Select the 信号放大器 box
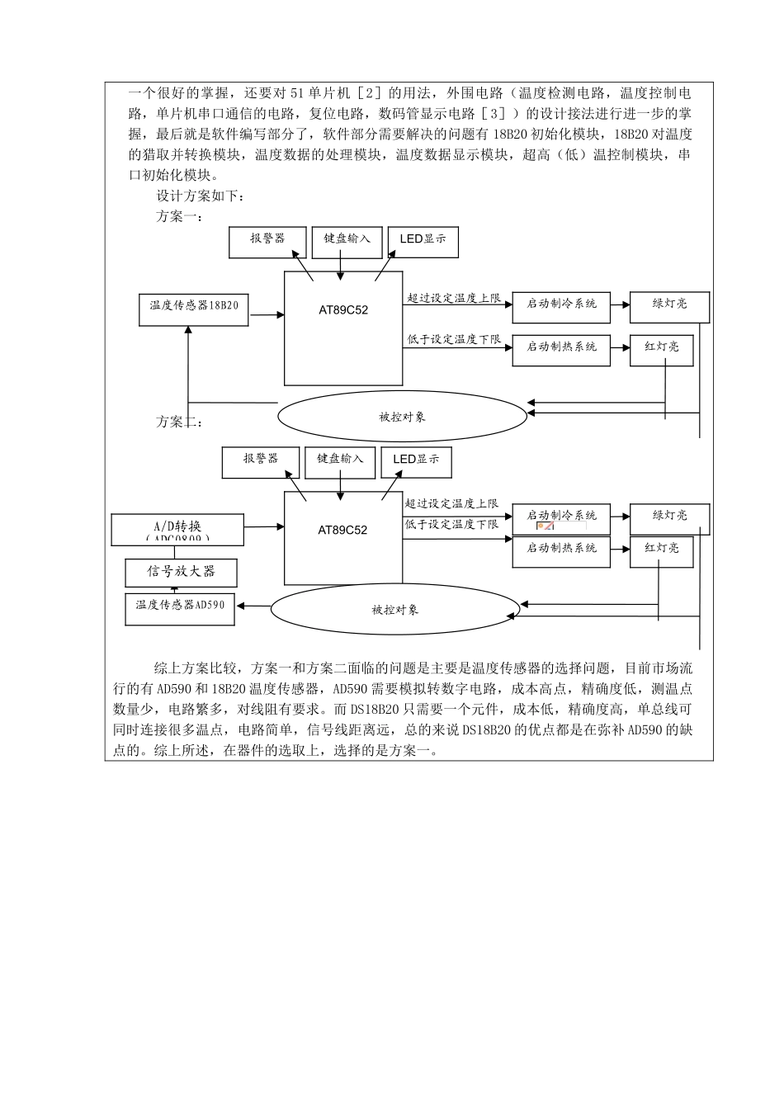(181, 572)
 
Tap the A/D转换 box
(177, 529)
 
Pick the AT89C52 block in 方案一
(343, 328)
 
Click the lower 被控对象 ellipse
(395, 610)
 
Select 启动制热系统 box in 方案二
(561, 550)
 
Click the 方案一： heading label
(179, 216)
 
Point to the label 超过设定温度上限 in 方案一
(454, 298)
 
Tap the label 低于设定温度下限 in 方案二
(451, 524)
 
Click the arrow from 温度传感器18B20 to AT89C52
(266, 314)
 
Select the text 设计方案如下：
(201, 196)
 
